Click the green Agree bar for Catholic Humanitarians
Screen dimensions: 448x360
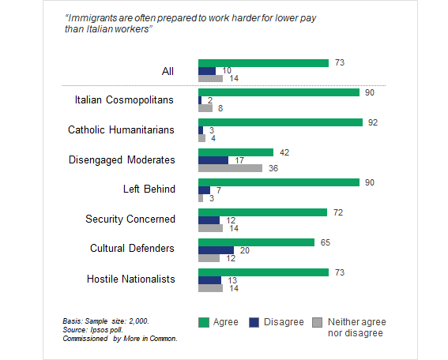coord(280,122)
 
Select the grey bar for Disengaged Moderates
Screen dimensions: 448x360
coord(230,168)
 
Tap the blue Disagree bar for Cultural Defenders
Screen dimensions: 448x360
coord(216,250)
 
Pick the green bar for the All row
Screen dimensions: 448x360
coord(263,63)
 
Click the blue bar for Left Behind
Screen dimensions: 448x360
coord(204,190)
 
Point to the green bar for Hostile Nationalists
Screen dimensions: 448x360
coord(263,272)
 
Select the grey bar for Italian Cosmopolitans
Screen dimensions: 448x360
coord(205,108)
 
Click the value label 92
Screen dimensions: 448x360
coord(373,122)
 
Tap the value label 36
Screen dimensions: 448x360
coord(273,168)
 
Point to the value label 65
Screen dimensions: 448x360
coord(326,242)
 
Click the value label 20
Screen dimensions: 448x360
coord(245,250)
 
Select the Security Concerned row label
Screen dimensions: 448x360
coord(130,219)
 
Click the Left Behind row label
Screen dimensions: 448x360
coord(149,189)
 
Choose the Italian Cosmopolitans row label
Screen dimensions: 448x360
coord(124,100)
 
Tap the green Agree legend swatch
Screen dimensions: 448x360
coord(204,323)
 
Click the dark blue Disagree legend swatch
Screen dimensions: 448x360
coord(254,323)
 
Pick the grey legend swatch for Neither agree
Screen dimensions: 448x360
coord(317,323)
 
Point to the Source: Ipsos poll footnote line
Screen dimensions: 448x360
coord(93,330)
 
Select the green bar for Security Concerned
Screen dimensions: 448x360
coord(262,212)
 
